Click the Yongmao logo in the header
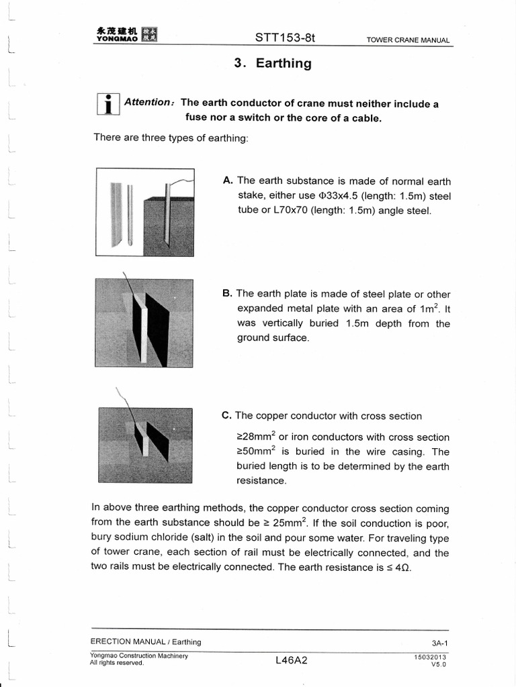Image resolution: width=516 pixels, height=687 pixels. tap(124, 34)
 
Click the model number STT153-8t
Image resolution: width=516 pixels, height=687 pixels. tap(285, 38)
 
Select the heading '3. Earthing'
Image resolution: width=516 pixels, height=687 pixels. tap(273, 64)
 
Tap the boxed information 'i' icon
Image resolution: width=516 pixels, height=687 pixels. tap(108, 104)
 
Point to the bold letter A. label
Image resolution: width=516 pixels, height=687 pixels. tap(228, 180)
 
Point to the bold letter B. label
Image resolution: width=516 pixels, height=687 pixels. tap(228, 294)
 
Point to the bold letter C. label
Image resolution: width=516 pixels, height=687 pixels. tap(227, 416)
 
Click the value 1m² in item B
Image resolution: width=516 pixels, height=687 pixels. tap(425, 309)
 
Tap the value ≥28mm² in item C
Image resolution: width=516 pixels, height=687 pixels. tap(255, 437)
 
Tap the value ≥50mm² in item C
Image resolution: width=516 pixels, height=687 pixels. tap(255, 452)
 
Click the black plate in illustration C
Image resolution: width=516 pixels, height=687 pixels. tap(157, 440)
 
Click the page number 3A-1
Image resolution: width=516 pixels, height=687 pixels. tap(440, 642)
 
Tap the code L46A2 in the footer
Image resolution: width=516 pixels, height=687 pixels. tap(291, 660)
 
